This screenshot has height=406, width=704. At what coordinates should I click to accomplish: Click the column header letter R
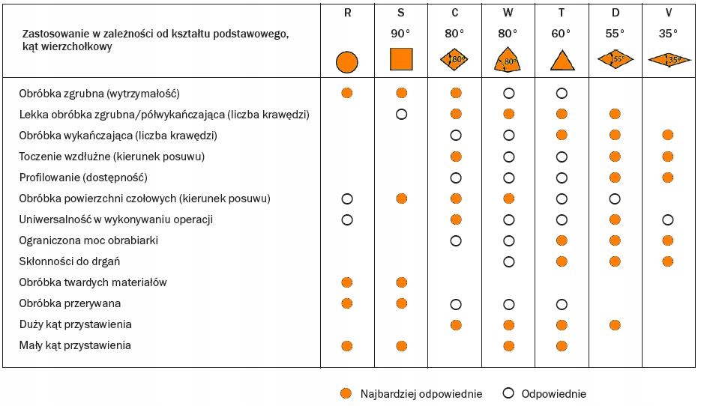coord(346,13)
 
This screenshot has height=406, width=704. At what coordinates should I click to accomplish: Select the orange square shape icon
coord(401,59)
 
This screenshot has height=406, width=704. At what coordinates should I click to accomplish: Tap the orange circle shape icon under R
coord(346,61)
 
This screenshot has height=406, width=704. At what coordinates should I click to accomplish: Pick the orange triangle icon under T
coord(562,60)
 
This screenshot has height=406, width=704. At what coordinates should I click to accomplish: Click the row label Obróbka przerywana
coord(70,303)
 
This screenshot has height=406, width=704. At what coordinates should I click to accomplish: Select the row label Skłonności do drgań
coord(70,261)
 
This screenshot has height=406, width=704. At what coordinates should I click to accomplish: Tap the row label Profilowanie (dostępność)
coord(83,178)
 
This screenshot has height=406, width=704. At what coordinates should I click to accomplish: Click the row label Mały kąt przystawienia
coord(76,345)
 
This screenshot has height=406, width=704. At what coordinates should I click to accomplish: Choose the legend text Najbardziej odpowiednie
coord(421,394)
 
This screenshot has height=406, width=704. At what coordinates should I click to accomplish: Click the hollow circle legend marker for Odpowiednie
coord(508,394)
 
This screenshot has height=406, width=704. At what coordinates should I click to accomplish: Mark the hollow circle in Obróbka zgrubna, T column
coord(562,94)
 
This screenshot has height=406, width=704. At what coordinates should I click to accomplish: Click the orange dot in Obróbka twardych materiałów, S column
coord(401,282)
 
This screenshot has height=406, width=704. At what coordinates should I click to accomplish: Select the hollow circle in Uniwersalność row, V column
coord(668,219)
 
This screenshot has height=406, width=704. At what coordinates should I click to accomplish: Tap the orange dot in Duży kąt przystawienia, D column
coord(615,324)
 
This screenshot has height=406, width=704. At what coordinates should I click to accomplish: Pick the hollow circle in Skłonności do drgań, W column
coord(508,261)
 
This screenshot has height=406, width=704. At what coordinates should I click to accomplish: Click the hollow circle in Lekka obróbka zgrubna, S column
coord(401,115)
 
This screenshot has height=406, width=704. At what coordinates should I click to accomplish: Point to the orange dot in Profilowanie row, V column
coord(668,178)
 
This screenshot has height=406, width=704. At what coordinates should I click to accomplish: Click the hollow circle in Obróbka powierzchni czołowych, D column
coord(615,199)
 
